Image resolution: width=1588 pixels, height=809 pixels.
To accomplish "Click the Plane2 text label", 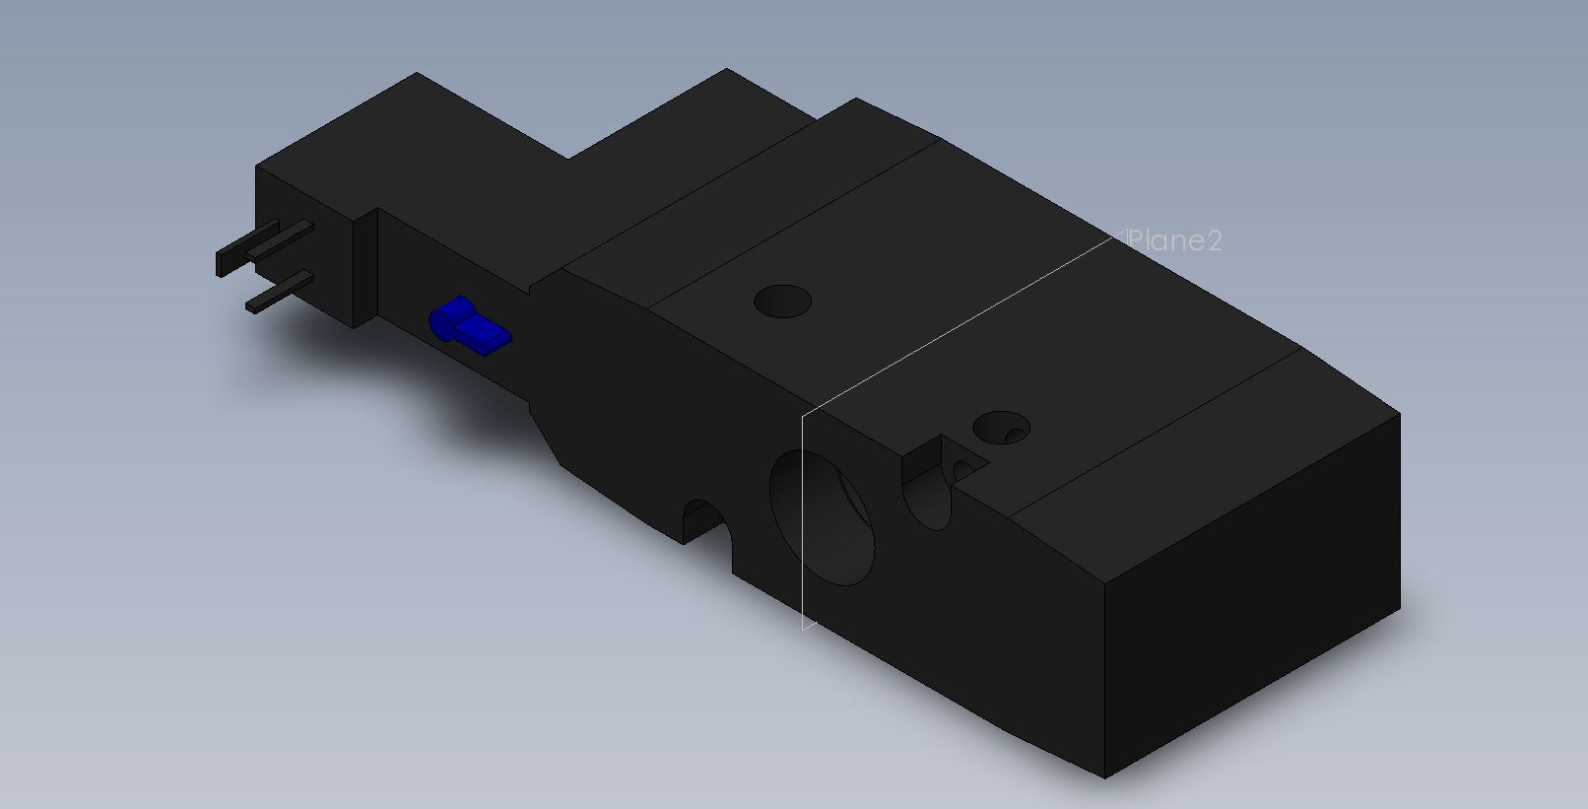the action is coord(1174,241).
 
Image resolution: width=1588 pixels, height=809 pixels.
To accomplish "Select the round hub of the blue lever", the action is coord(443,323).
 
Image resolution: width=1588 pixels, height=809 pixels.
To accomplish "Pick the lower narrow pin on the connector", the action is coord(280,292).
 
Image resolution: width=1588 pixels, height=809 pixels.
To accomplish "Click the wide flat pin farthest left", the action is coord(246,247).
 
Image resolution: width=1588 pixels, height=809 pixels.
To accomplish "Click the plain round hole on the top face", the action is coord(782,302).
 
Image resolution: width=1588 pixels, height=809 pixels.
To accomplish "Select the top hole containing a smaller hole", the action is coord(1001,428).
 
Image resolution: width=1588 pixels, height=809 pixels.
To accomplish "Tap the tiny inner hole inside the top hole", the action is coord(1016,436).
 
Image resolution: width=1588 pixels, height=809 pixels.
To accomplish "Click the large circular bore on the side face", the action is coord(823,517).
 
